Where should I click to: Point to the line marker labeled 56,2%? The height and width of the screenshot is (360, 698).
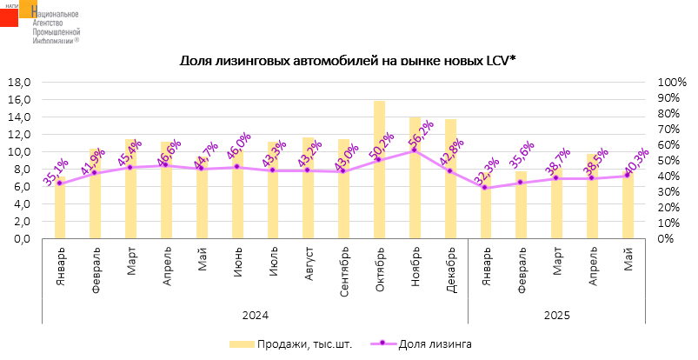click(415, 150)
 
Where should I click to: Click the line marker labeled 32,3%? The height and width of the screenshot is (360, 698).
click(486, 188)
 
